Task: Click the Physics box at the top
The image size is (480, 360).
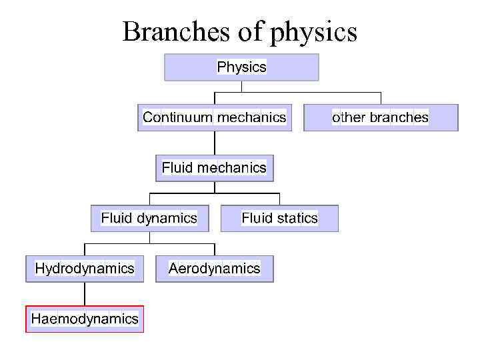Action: click(x=241, y=67)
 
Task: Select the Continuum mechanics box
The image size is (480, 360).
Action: click(x=215, y=118)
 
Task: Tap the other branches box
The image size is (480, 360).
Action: click(x=381, y=118)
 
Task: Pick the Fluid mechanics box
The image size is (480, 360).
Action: click(x=214, y=168)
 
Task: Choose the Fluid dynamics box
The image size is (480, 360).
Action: click(x=149, y=218)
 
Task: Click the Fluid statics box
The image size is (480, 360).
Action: click(x=279, y=218)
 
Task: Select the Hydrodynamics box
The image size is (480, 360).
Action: click(x=85, y=269)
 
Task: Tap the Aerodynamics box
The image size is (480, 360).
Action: click(x=214, y=269)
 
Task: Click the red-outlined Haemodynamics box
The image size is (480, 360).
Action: click(x=85, y=319)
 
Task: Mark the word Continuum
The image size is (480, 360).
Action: click(x=177, y=118)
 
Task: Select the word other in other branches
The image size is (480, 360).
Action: click(x=349, y=118)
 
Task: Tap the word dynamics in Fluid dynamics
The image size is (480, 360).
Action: click(x=167, y=219)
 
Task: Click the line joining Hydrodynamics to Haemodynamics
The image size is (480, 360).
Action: click(x=85, y=294)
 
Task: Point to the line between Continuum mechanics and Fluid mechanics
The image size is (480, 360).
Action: click(x=215, y=143)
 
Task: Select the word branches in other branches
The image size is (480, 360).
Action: click(x=399, y=118)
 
